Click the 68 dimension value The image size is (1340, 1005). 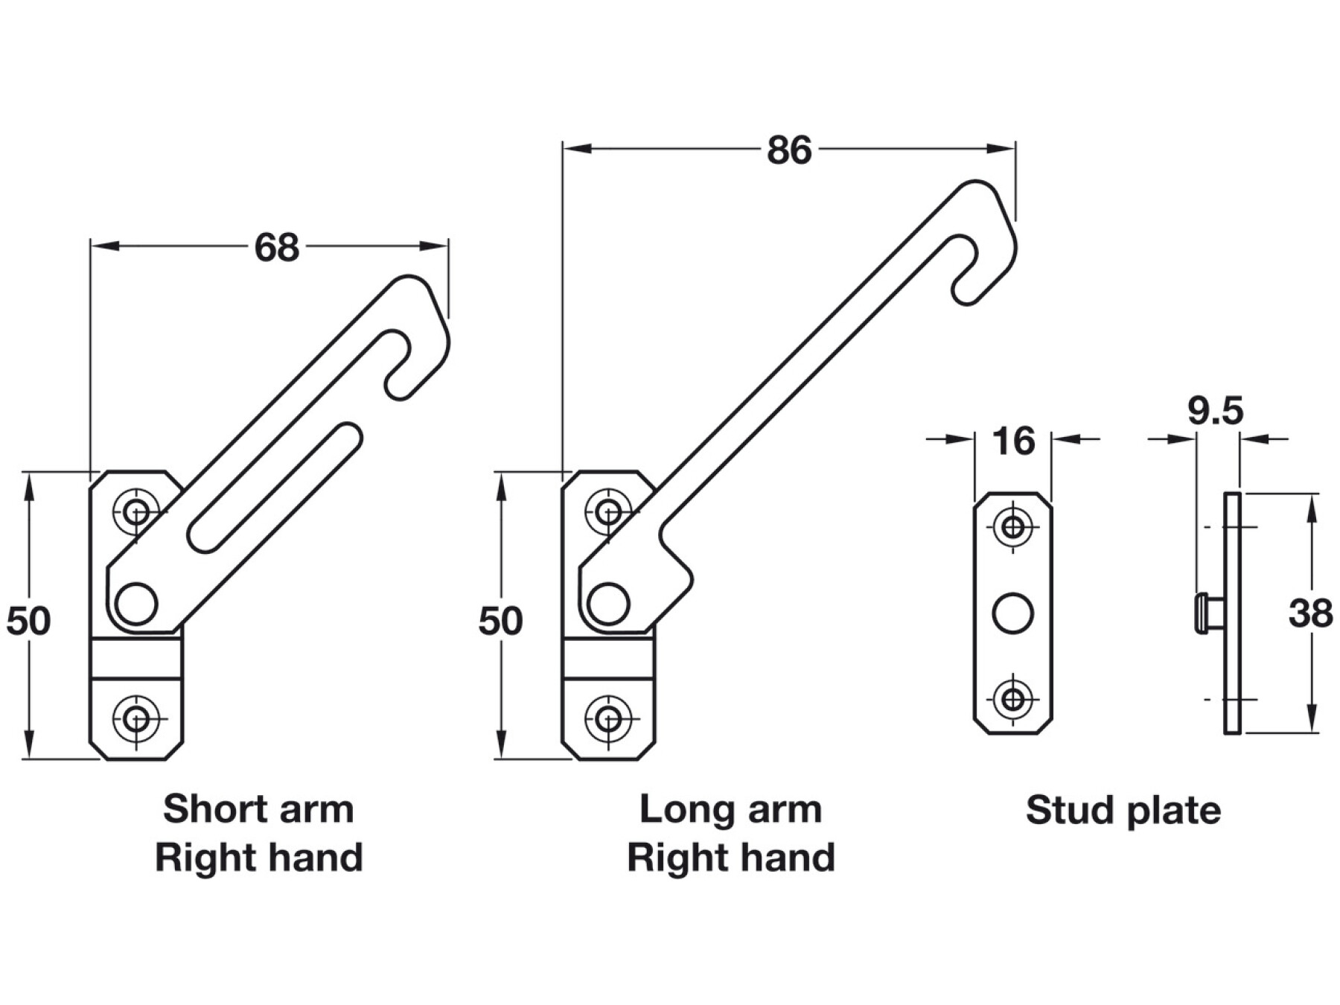pyautogui.click(x=276, y=247)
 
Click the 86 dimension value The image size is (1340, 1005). pyautogui.click(x=788, y=150)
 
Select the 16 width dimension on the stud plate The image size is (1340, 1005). pyautogui.click(x=1013, y=441)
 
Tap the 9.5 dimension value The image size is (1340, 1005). pyautogui.click(x=1215, y=411)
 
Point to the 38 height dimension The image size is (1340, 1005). pyautogui.click(x=1310, y=614)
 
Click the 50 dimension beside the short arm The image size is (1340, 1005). pyautogui.click(x=28, y=621)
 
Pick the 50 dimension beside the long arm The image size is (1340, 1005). pyautogui.click(x=500, y=621)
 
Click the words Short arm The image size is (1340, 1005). pyautogui.click(x=258, y=809)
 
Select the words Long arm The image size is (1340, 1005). pyautogui.click(x=730, y=809)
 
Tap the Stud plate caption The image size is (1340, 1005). pyautogui.click(x=1123, y=810)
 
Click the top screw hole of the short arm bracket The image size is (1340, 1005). pyautogui.click(x=136, y=511)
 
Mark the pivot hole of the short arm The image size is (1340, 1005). pyautogui.click(x=137, y=603)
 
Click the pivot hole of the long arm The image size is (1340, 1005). pyautogui.click(x=608, y=603)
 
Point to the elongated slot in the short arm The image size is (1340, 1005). pyautogui.click(x=275, y=488)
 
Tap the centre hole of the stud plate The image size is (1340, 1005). pyautogui.click(x=1013, y=613)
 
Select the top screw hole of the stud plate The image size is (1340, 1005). pyautogui.click(x=1013, y=527)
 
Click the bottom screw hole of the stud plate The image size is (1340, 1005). pyautogui.click(x=1013, y=699)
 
